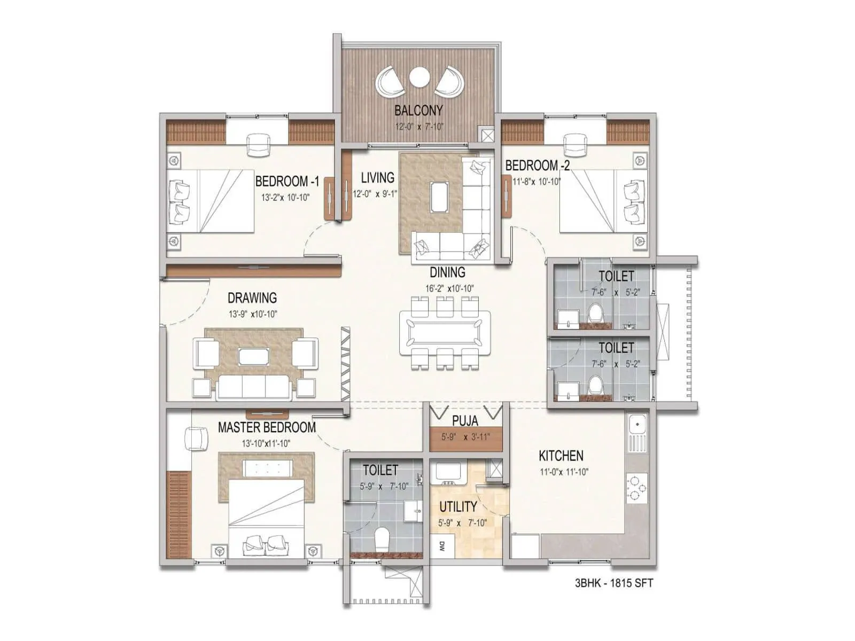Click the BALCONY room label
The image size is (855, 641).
[418, 111]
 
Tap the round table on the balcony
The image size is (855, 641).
[418, 77]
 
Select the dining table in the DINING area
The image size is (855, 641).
[445, 332]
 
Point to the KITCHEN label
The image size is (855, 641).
[561, 456]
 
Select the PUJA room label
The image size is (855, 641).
[465, 420]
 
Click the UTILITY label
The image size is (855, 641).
[458, 506]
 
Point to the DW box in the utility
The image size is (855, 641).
[442, 546]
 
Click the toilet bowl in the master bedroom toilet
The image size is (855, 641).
[383, 540]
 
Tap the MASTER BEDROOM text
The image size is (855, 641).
[267, 427]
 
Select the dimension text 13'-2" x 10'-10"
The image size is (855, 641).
[285, 197]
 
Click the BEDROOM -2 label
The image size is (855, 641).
[537, 165]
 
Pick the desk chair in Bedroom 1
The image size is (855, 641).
[258, 145]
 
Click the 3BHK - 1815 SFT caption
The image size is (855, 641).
[613, 583]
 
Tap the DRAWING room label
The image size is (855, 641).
[252, 298]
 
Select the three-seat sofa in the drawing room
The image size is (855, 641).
[254, 387]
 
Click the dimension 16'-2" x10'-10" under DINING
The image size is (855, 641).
[449, 288]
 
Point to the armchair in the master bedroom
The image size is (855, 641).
[196, 439]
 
